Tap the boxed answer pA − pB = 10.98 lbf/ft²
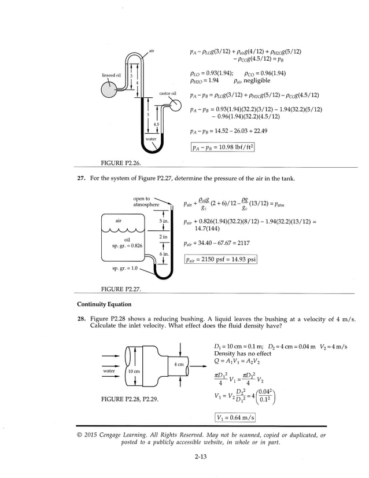222,148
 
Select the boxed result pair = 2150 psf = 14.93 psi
220,260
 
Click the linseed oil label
111,75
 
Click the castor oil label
168,93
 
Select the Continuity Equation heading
104,304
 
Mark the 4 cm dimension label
178,364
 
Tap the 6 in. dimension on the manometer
164,254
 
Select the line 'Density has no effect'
242,353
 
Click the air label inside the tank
118,220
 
